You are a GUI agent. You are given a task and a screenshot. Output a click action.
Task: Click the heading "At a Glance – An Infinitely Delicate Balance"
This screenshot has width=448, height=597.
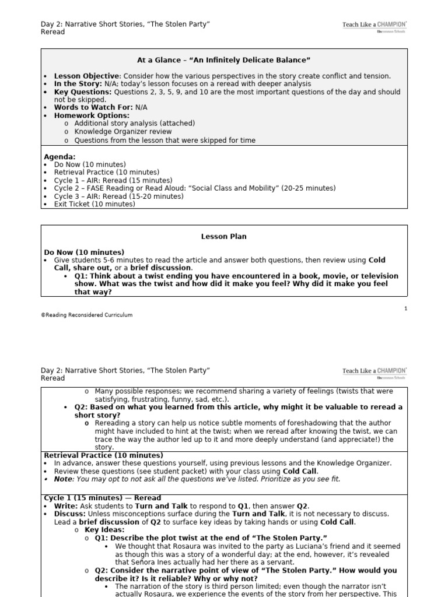tap(223, 60)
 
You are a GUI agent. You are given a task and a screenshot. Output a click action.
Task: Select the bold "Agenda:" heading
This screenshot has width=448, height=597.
tap(60, 157)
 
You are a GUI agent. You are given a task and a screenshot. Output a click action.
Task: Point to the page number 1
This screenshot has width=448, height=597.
tap(405, 308)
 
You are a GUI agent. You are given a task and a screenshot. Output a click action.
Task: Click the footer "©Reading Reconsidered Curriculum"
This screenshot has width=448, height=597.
tap(86, 315)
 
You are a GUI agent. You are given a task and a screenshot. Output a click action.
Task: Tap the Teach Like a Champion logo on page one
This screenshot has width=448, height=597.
tap(374, 27)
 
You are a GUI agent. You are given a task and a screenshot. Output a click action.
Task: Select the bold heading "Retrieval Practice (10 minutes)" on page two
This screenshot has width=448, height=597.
tap(103, 455)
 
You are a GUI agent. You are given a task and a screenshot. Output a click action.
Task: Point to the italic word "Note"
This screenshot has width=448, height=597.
tap(63, 479)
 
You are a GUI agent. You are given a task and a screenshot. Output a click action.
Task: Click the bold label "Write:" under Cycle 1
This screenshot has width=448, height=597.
tap(65, 506)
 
